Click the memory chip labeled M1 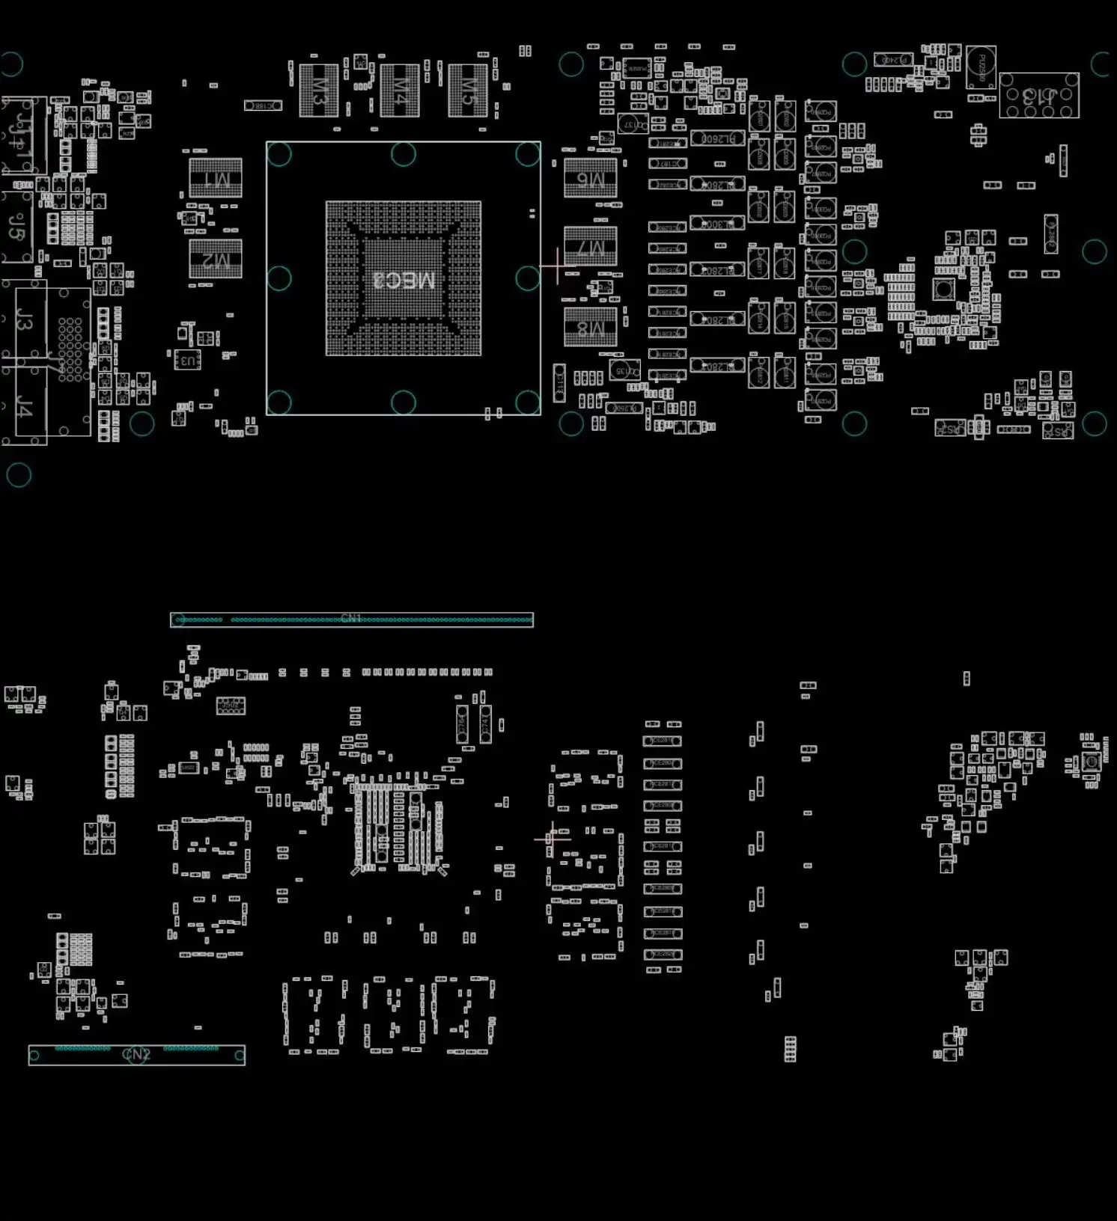(x=216, y=178)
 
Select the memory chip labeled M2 (x=216, y=259)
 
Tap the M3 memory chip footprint (x=319, y=91)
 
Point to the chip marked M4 (x=400, y=91)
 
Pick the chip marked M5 (x=468, y=91)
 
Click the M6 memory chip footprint (x=591, y=178)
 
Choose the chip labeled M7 (x=591, y=246)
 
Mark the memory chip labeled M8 (x=591, y=327)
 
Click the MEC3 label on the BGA (x=404, y=280)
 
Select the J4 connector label (x=25, y=408)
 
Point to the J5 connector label (x=17, y=226)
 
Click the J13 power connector (x=1039, y=96)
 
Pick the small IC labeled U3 (x=187, y=360)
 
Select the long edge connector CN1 (x=352, y=619)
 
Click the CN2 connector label (x=136, y=1054)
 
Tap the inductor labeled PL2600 (x=718, y=138)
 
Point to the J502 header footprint (x=231, y=706)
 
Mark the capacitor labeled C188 (x=263, y=105)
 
